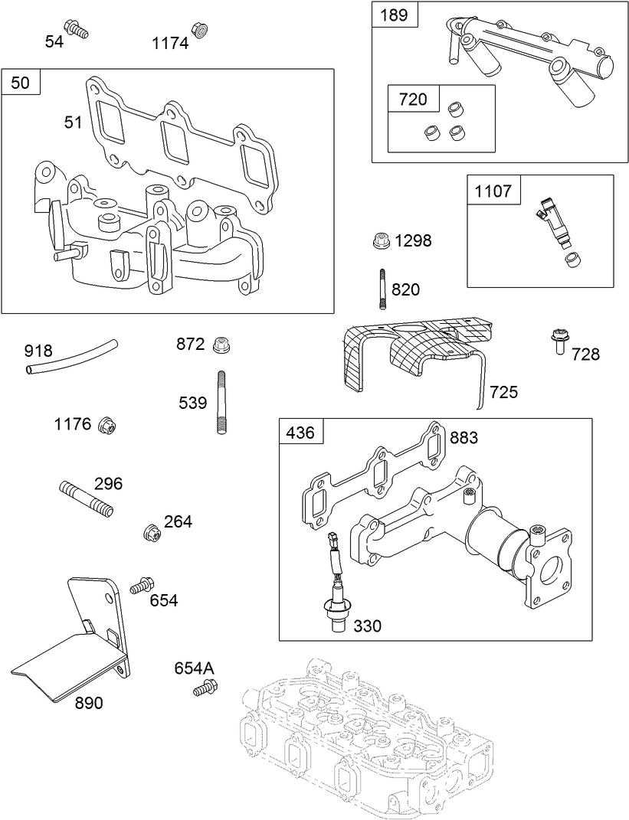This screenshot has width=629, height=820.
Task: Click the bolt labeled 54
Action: (x=77, y=29)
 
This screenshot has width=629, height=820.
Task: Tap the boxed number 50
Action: (x=21, y=83)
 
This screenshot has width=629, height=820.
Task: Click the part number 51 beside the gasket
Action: (x=73, y=122)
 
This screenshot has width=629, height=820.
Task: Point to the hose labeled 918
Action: (x=73, y=355)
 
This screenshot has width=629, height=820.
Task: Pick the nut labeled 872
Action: (x=221, y=343)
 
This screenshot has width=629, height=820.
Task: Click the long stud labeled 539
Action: (x=222, y=402)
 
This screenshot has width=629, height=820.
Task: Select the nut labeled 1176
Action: (x=107, y=424)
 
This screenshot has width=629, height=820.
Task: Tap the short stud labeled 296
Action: (x=85, y=498)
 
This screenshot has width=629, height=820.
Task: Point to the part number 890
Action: (x=89, y=703)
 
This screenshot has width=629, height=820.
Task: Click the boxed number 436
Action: (x=300, y=433)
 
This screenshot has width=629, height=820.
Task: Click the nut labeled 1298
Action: (x=378, y=240)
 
